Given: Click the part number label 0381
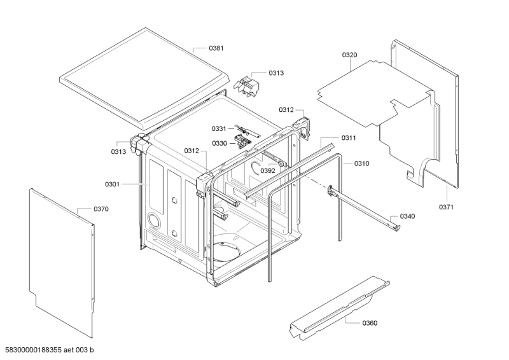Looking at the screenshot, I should pos(217,48).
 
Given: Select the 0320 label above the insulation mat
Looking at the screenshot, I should pos(349,55).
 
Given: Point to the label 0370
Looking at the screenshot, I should pos(101,209).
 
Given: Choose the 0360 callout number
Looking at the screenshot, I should pos(370,323).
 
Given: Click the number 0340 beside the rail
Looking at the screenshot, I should pos(407,216).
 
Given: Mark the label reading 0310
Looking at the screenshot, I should pos(362,163).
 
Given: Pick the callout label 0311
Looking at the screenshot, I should pos(348,137).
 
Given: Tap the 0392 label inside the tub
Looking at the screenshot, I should pos(267,170).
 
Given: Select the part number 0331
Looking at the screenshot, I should pos(220,129).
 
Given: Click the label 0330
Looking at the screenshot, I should pos(220,143).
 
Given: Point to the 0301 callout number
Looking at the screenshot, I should pos(112,184).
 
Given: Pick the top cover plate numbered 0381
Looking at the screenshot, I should pos(143,76).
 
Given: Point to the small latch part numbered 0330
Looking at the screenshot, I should pos(241,141).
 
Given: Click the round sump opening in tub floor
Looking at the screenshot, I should pos(225,251).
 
